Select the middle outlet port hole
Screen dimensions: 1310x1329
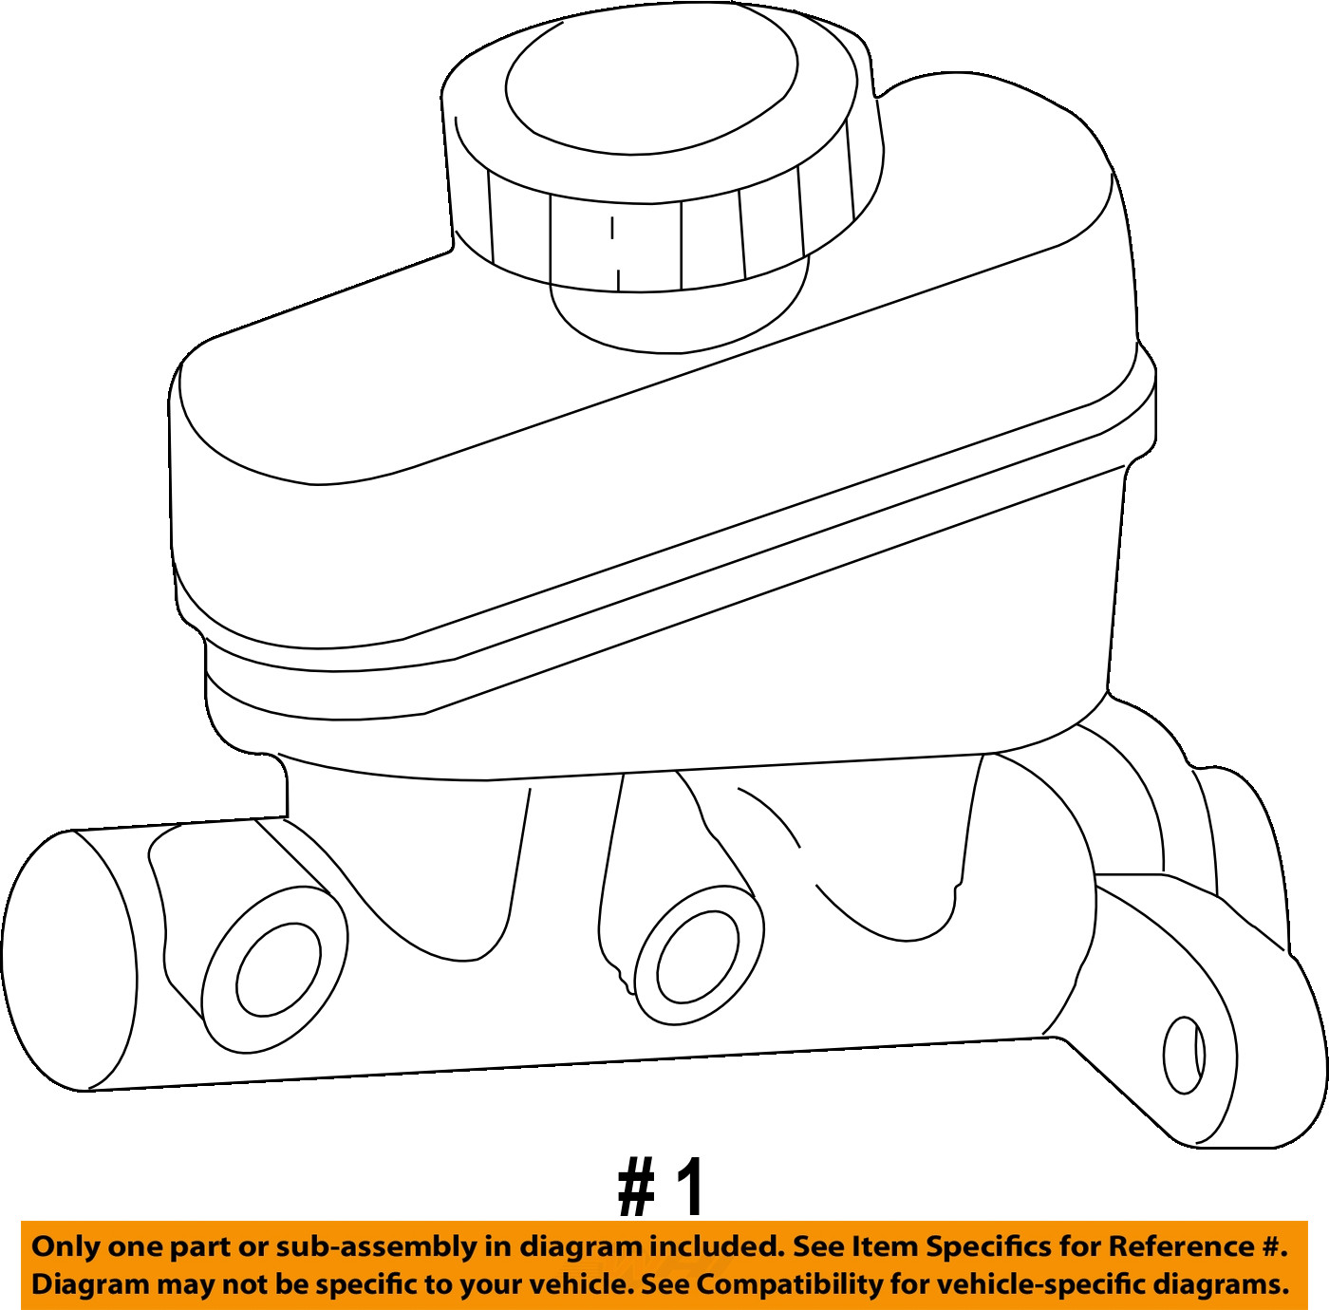pyautogui.click(x=697, y=957)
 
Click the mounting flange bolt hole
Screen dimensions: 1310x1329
pyautogui.click(x=1184, y=1055)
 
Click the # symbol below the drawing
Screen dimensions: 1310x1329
pyautogui.click(x=637, y=1188)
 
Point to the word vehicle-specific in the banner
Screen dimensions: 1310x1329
pyautogui.click(x=1019, y=1284)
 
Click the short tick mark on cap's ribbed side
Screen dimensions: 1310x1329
pyautogui.click(x=612, y=228)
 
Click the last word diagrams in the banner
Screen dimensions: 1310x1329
pyautogui.click(x=1220, y=1284)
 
